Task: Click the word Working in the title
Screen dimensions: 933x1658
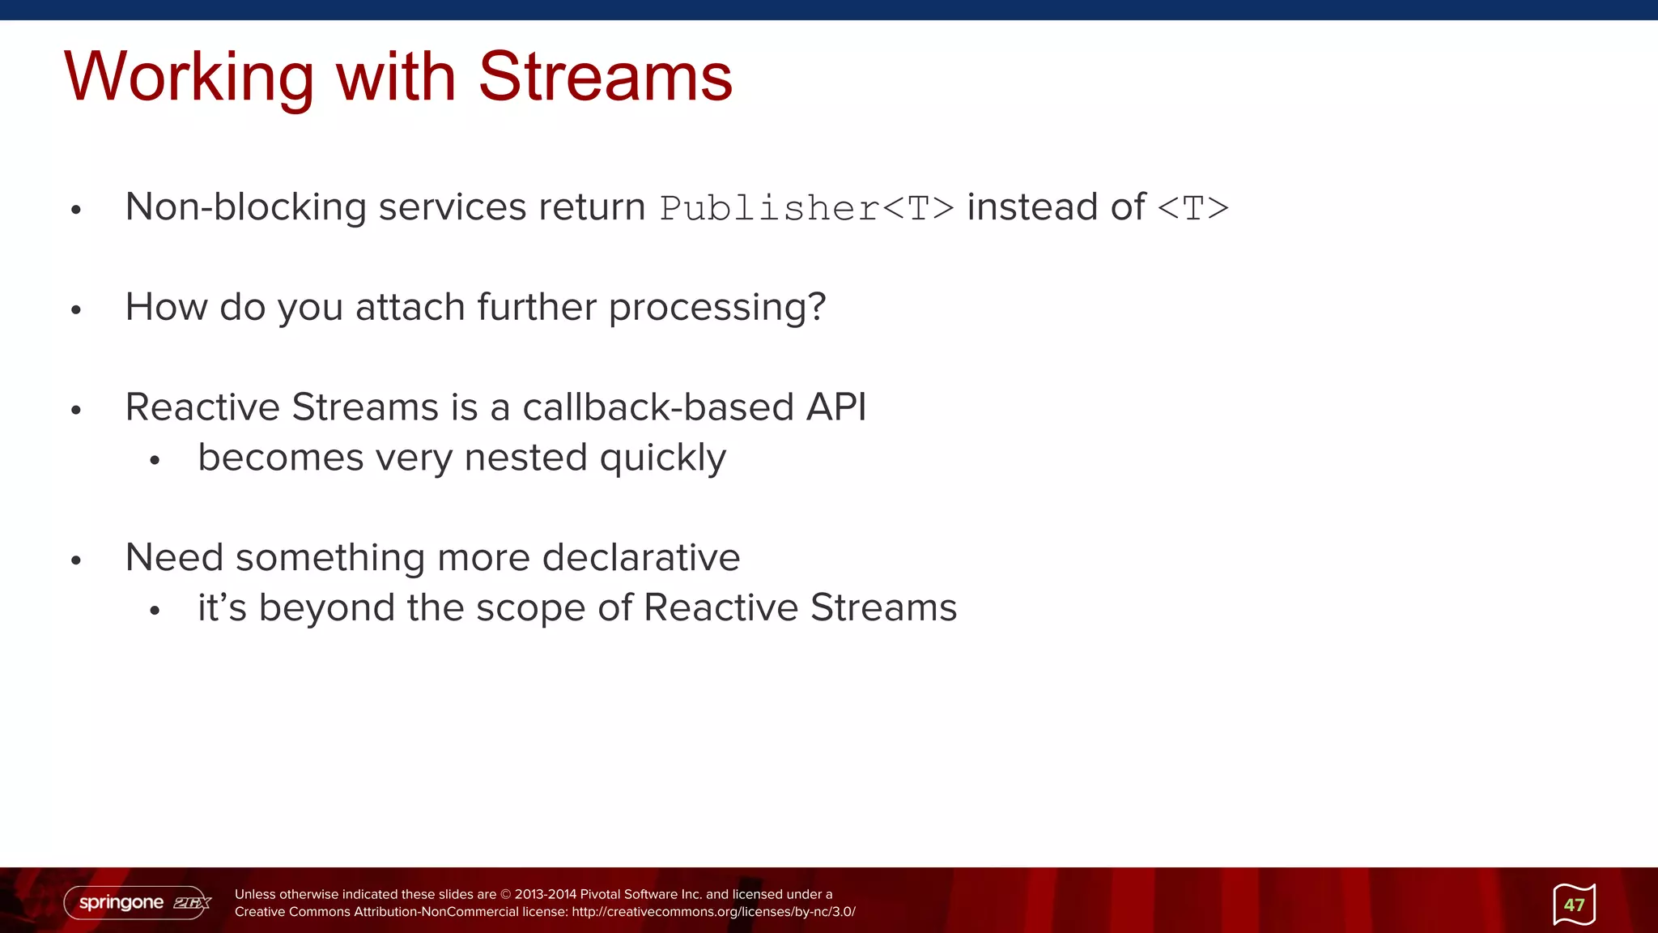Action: click(189, 78)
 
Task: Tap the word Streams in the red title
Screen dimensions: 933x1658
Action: click(605, 78)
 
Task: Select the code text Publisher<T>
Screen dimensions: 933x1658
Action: click(806, 208)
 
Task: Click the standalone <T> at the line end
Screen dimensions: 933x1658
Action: click(1192, 208)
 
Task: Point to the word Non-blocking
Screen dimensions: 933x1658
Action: click(245, 207)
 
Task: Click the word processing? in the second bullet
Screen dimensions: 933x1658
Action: click(716, 308)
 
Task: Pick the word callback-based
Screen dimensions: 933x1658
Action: click(657, 407)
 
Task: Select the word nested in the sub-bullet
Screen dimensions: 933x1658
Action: click(525, 458)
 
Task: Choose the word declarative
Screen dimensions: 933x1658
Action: click(640, 558)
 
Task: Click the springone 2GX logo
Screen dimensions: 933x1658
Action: click(138, 902)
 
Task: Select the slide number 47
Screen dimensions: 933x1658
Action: click(1574, 905)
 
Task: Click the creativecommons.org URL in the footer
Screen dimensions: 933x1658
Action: click(713, 912)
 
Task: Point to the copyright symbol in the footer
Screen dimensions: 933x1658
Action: click(506, 894)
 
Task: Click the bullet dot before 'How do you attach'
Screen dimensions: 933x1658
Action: click(76, 309)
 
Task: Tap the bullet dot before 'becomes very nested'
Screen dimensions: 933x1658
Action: click(155, 461)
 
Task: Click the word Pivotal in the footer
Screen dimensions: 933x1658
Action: click(601, 894)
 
